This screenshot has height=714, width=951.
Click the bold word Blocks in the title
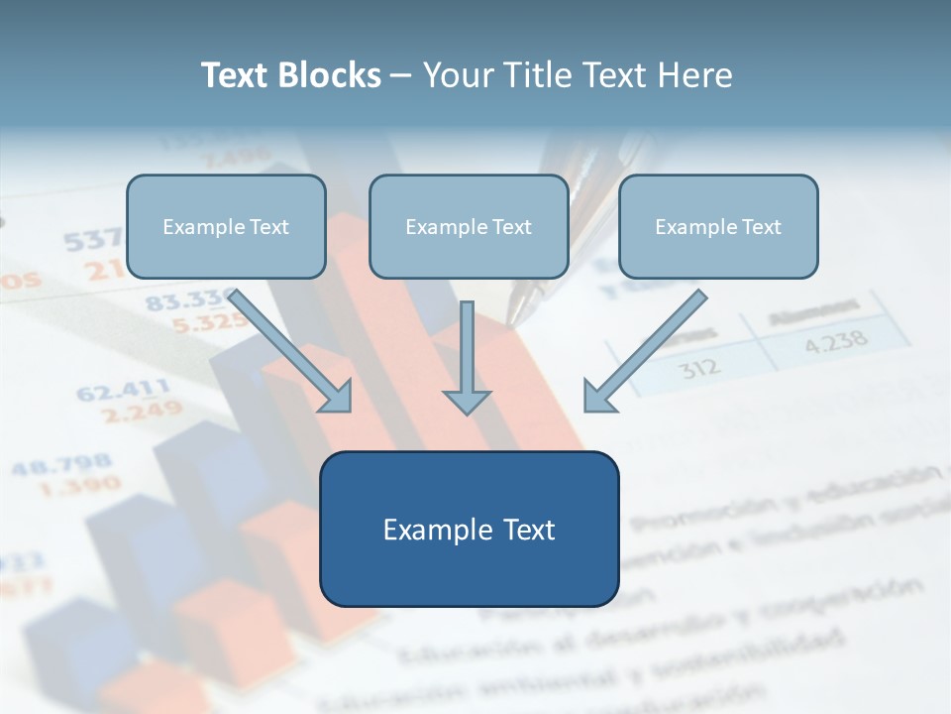331,75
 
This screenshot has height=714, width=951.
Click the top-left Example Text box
226,227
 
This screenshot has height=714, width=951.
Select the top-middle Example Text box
469,227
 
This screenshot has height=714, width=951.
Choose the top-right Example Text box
718,227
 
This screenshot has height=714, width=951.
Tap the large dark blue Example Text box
469,530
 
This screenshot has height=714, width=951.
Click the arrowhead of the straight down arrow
467,401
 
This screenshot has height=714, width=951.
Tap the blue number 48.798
61,464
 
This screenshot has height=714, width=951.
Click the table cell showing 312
700,368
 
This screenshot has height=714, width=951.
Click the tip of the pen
511,320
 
